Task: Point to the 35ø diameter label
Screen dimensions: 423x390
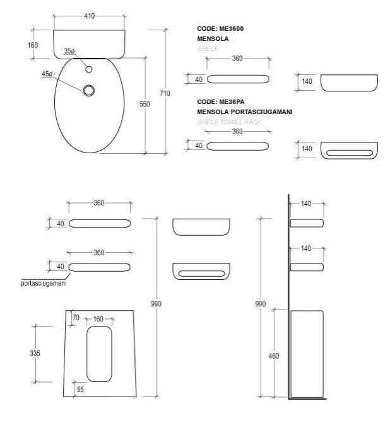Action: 69,52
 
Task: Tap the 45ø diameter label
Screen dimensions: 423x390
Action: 47,74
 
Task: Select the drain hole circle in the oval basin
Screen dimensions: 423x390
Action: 88,91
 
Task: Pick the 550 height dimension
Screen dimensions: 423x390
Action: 145,104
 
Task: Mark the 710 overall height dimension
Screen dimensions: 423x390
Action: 165,93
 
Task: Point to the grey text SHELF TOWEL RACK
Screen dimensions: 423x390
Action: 230,121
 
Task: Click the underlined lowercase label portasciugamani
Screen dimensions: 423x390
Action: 43,284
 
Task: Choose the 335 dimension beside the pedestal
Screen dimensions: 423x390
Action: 35,354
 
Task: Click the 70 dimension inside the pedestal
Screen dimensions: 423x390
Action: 75,319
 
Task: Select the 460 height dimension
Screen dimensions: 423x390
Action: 274,356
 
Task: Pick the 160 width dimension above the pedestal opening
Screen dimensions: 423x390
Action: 98,319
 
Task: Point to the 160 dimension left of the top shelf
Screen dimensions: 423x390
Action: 33,45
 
